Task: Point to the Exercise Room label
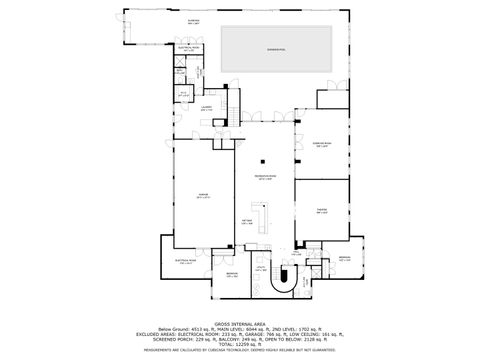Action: click(x=323, y=143)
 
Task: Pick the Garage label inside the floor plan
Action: click(x=204, y=197)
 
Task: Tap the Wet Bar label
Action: click(x=247, y=222)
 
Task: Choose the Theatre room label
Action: click(x=322, y=210)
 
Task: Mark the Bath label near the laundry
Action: click(x=184, y=93)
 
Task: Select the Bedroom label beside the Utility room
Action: click(x=231, y=274)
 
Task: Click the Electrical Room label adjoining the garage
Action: click(x=184, y=262)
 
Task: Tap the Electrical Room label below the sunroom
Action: click(x=189, y=47)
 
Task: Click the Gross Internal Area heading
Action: click(x=240, y=324)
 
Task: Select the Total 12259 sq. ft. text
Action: click(x=240, y=345)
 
